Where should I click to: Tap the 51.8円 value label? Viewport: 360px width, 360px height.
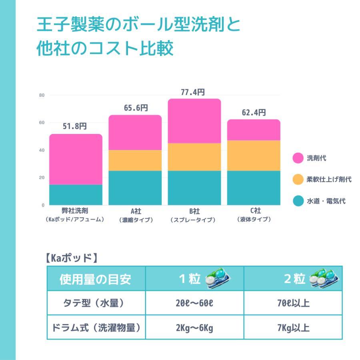75,127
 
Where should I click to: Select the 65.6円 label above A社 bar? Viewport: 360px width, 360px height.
136,108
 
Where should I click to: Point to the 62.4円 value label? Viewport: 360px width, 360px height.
254,113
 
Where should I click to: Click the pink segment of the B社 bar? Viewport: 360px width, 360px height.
194,121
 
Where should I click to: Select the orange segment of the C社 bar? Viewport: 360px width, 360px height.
254,156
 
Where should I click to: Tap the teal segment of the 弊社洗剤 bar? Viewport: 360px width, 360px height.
76,195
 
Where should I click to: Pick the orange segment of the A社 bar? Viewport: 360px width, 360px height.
135,160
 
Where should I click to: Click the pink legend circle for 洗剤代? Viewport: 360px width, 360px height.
298,158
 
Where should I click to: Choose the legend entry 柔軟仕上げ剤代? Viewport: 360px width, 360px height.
329,180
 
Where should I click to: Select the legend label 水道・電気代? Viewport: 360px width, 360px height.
326,201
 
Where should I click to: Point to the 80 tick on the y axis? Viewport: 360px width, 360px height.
42,95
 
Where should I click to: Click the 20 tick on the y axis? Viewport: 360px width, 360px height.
42,178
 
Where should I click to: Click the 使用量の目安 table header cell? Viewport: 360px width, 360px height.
96,279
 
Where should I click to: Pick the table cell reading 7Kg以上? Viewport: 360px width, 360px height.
293,328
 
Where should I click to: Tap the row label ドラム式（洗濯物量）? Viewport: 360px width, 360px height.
96,328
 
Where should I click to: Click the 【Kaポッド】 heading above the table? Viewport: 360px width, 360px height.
72,258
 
